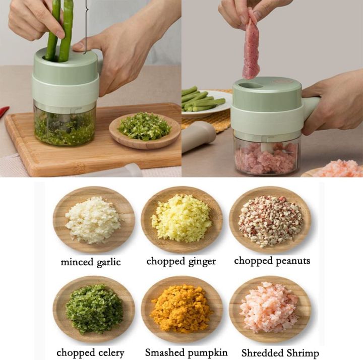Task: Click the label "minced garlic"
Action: pyautogui.click(x=91, y=262)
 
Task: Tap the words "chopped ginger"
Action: pyautogui.click(x=181, y=261)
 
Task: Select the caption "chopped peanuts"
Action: pyautogui.click(x=272, y=261)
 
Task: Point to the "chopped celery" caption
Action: pyautogui.click(x=90, y=352)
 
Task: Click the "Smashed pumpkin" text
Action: pyautogui.click(x=186, y=352)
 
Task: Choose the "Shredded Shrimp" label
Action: pyautogui.click(x=280, y=353)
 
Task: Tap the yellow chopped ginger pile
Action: pyautogui.click(x=181, y=218)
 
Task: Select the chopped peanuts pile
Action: pyautogui.click(x=270, y=220)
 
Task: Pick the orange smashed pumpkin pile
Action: pyautogui.click(x=181, y=308)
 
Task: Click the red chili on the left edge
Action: pyautogui.click(x=4, y=111)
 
